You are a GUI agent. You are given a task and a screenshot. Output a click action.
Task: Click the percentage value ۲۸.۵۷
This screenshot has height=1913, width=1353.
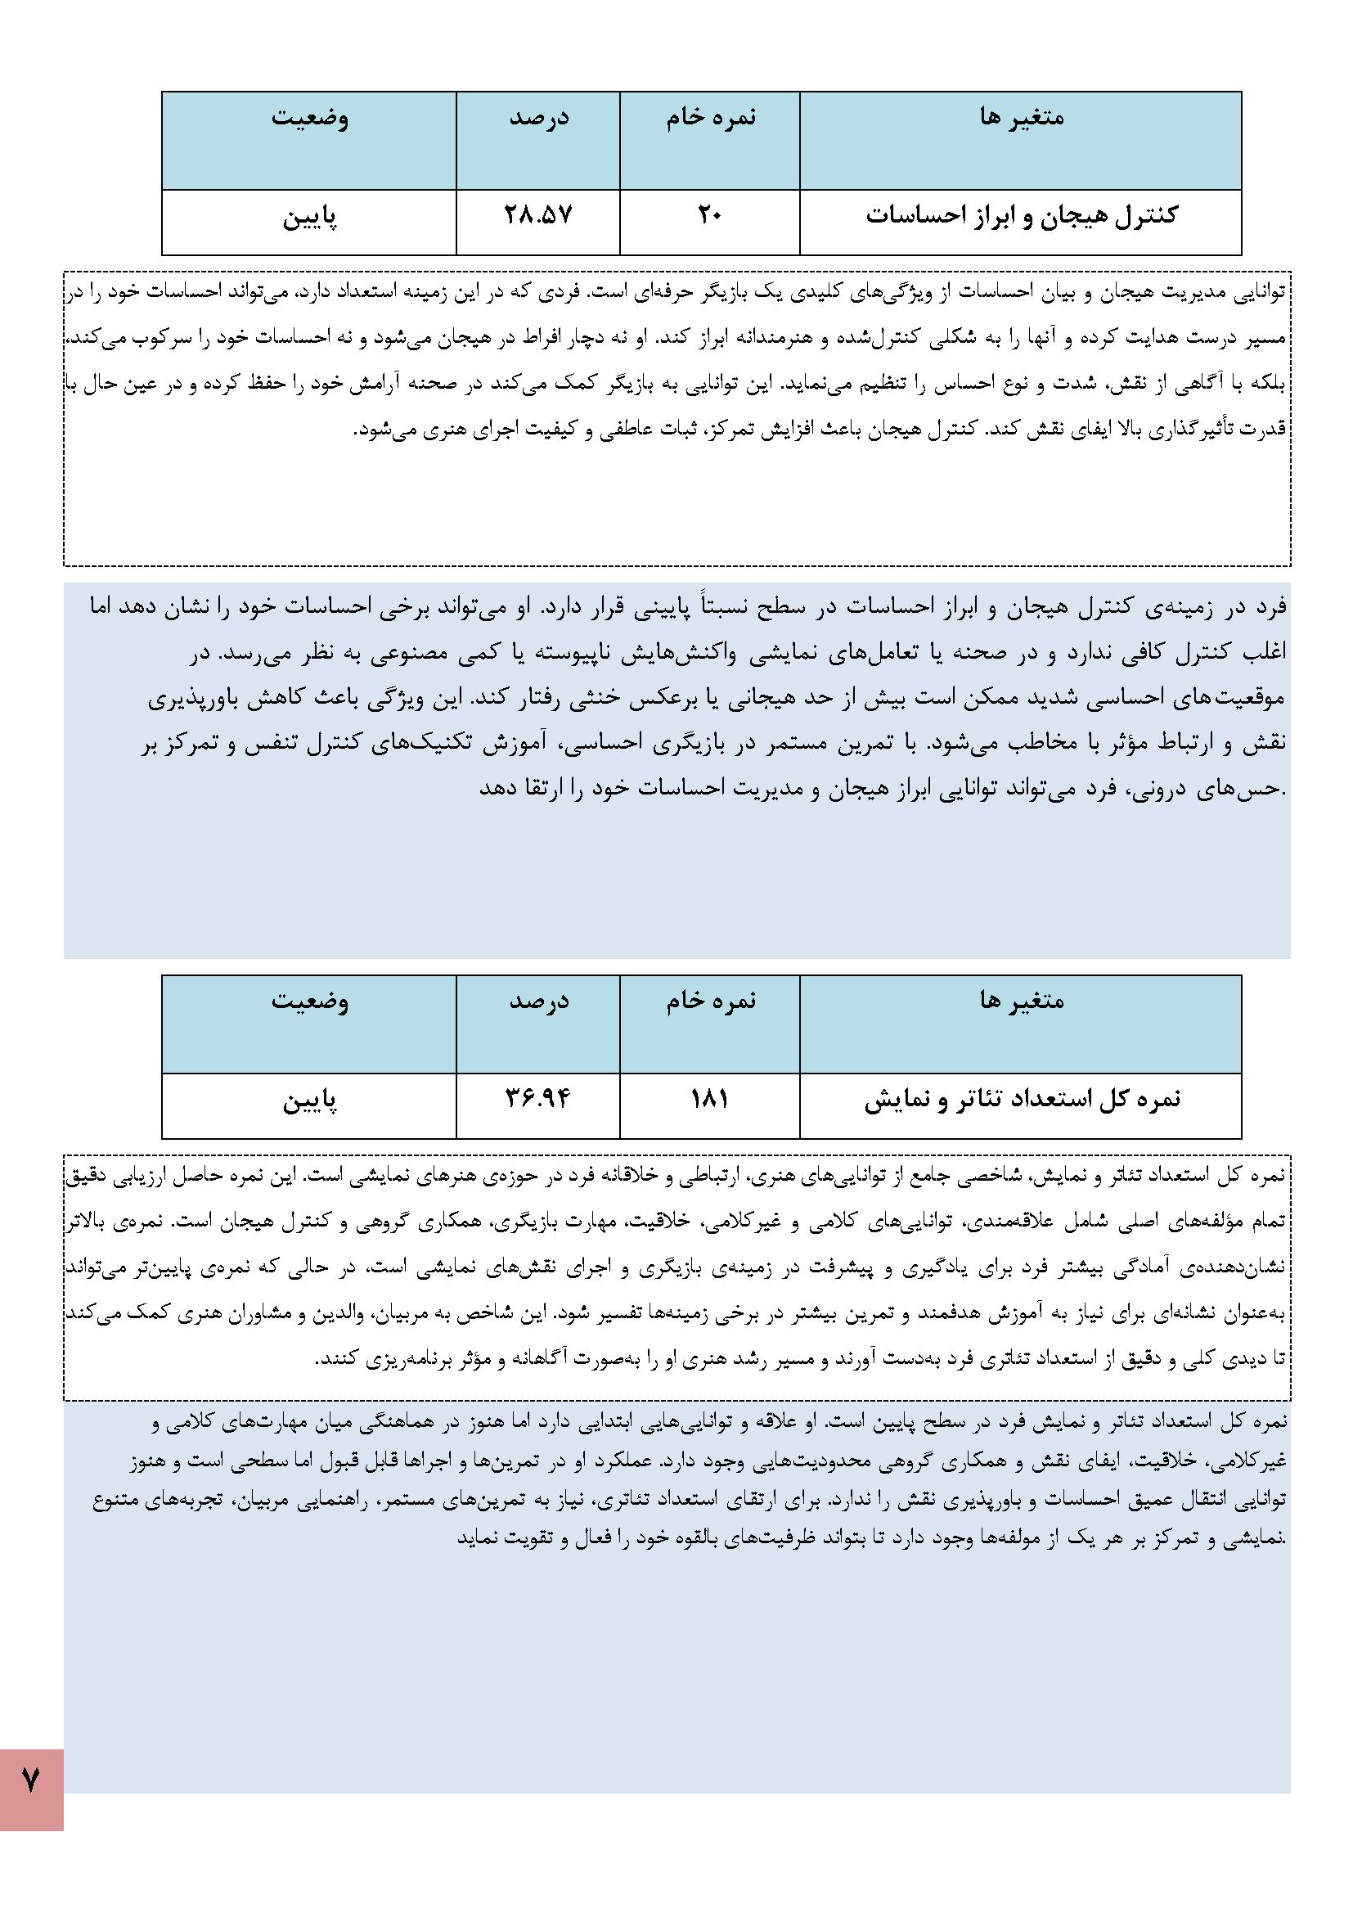pyautogui.click(x=538, y=215)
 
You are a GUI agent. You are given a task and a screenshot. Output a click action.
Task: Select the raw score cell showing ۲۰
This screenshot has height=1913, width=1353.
pyautogui.click(x=710, y=215)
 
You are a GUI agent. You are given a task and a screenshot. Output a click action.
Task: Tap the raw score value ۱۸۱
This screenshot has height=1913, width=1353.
pyautogui.click(x=710, y=1099)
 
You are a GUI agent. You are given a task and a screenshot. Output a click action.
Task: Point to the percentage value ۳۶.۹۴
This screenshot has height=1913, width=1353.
pyautogui.click(x=538, y=1099)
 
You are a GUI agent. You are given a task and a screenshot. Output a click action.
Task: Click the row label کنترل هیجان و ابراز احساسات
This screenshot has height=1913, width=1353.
pyautogui.click(x=1022, y=215)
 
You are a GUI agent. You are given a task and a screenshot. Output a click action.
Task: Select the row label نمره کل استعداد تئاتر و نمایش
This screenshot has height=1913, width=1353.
pyautogui.click(x=1022, y=1099)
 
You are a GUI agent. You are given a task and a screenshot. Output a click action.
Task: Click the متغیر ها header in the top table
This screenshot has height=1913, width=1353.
pyautogui.click(x=1022, y=117)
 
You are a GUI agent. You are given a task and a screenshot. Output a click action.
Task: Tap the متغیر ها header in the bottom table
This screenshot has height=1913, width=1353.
pyautogui.click(x=1022, y=1001)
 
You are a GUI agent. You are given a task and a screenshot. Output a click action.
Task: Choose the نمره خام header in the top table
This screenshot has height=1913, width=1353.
pyautogui.click(x=710, y=117)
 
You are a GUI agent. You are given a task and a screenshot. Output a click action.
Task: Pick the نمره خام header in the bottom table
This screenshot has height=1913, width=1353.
pyautogui.click(x=710, y=1001)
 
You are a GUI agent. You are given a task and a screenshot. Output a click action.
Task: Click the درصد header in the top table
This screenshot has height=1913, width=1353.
pyautogui.click(x=538, y=117)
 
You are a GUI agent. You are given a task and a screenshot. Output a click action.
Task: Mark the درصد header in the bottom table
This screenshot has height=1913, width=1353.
pyautogui.click(x=538, y=1001)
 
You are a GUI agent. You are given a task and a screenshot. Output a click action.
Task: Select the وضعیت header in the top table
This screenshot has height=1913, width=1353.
pyautogui.click(x=309, y=117)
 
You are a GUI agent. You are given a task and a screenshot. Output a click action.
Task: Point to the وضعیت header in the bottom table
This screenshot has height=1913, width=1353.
pyautogui.click(x=309, y=1001)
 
